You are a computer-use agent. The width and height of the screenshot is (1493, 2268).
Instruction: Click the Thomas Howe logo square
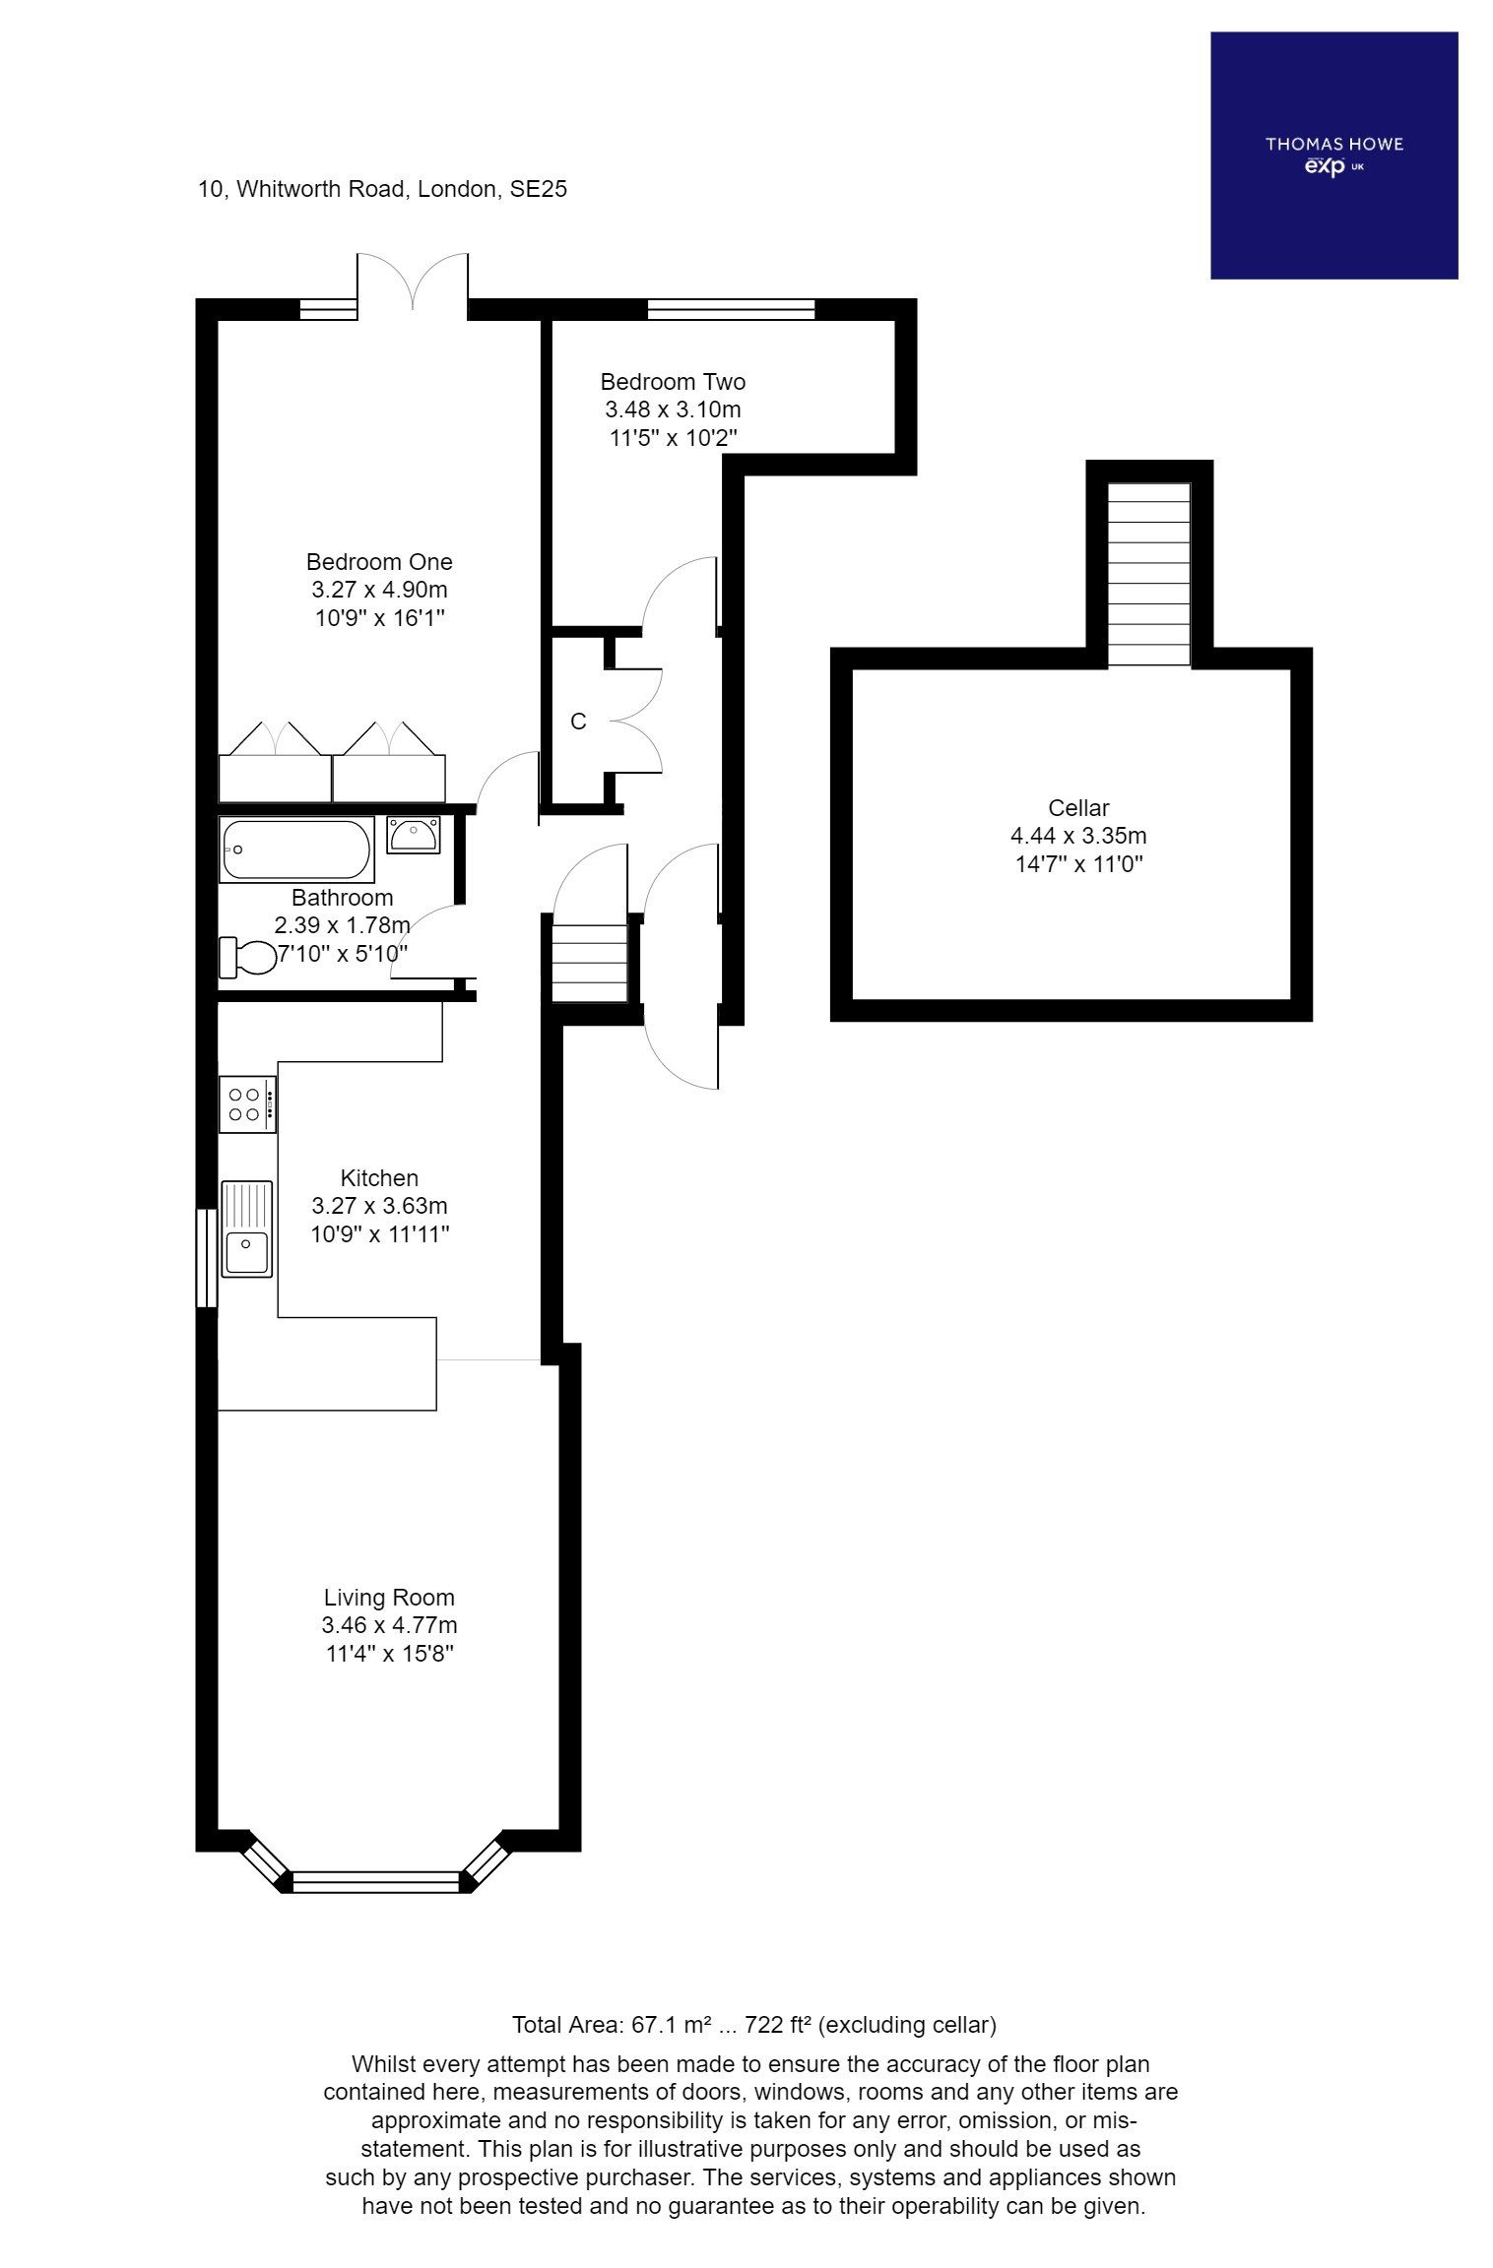coord(1332,155)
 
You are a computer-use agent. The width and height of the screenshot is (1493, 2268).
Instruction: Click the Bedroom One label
coord(379,562)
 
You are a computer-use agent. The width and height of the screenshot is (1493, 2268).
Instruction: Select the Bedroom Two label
coord(673,382)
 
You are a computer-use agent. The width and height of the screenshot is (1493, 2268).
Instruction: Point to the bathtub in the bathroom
coord(295,850)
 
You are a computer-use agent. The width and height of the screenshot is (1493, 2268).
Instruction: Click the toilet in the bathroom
coord(248,957)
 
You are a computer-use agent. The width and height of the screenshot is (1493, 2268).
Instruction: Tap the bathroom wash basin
coord(414,834)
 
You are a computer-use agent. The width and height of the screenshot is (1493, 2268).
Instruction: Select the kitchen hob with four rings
coord(246,1103)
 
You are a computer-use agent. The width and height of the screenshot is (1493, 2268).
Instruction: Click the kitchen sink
coord(246,1229)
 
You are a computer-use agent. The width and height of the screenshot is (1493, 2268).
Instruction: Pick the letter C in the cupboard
coord(578,722)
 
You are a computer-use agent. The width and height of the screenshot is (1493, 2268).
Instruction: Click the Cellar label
coord(1078,808)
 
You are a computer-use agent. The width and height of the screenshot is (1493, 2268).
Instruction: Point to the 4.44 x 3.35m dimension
coord(1078,837)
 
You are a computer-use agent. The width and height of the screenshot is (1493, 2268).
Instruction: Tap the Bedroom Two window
coord(731,309)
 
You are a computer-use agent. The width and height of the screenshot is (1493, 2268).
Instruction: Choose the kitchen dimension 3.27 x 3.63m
coord(379,1206)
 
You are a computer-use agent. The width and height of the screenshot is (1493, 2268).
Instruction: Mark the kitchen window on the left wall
coord(205,1258)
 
